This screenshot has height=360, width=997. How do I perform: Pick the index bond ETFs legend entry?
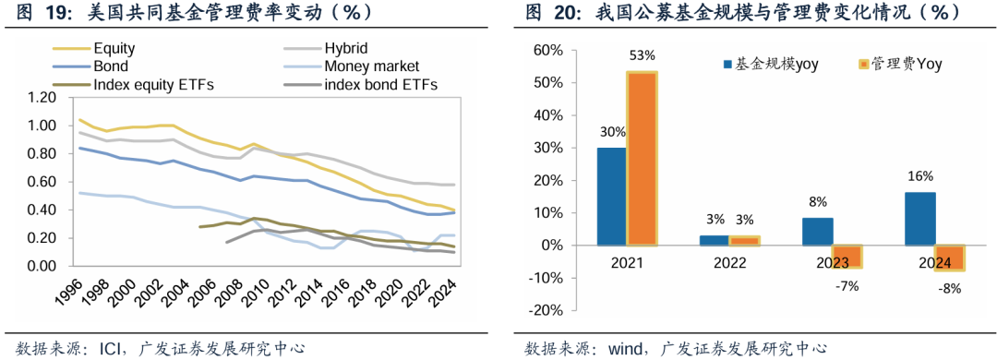(380, 85)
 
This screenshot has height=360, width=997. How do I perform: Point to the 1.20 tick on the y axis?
(41, 98)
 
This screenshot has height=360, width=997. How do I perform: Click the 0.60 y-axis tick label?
(41, 182)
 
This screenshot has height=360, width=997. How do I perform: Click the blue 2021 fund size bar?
(610, 197)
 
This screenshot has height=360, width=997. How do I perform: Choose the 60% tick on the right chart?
(548, 50)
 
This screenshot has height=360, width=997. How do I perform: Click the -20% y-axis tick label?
(547, 311)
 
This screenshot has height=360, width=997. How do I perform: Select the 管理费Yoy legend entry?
(903, 64)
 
